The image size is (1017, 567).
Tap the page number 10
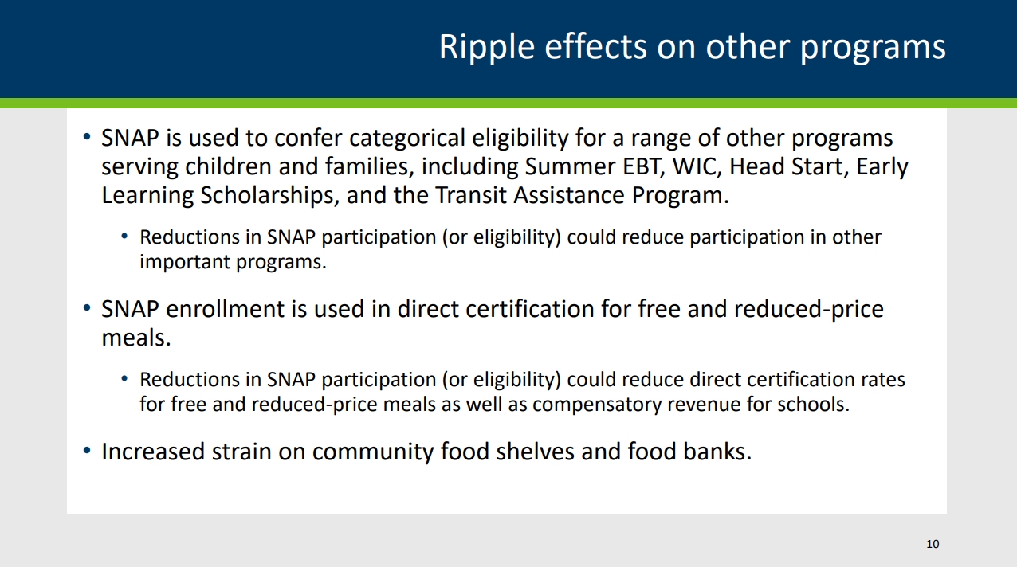(x=933, y=544)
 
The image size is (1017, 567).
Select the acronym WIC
(x=693, y=167)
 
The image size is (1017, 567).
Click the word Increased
(x=152, y=452)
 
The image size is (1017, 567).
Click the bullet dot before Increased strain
(x=87, y=452)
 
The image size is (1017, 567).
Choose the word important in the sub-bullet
(x=184, y=262)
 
